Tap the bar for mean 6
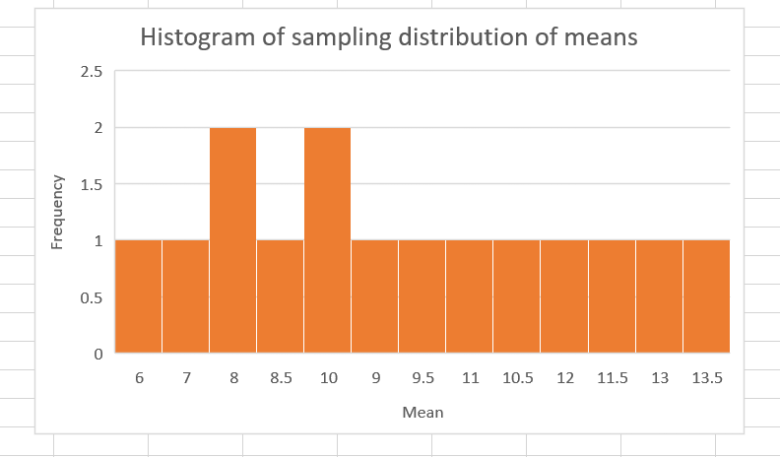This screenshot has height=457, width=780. tap(138, 295)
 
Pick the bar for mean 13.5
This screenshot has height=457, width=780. tap(706, 295)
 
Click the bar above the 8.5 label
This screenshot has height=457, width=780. tap(280, 295)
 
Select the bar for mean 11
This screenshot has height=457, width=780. tap(469, 295)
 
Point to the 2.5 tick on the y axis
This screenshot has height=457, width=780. tap(92, 71)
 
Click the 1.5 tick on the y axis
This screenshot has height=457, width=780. tap(92, 184)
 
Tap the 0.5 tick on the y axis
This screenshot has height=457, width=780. tap(92, 296)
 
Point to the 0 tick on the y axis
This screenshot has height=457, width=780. tap(97, 353)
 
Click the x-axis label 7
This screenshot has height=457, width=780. tap(185, 377)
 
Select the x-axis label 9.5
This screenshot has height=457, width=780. tap(422, 377)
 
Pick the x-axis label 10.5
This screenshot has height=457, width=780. tap(516, 377)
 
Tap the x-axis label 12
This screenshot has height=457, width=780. tap(564, 377)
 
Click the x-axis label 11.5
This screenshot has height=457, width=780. tap(612, 377)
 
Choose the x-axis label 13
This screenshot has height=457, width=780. tap(659, 377)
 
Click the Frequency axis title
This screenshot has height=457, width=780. tap(57, 212)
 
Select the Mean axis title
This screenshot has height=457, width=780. tap(422, 411)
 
